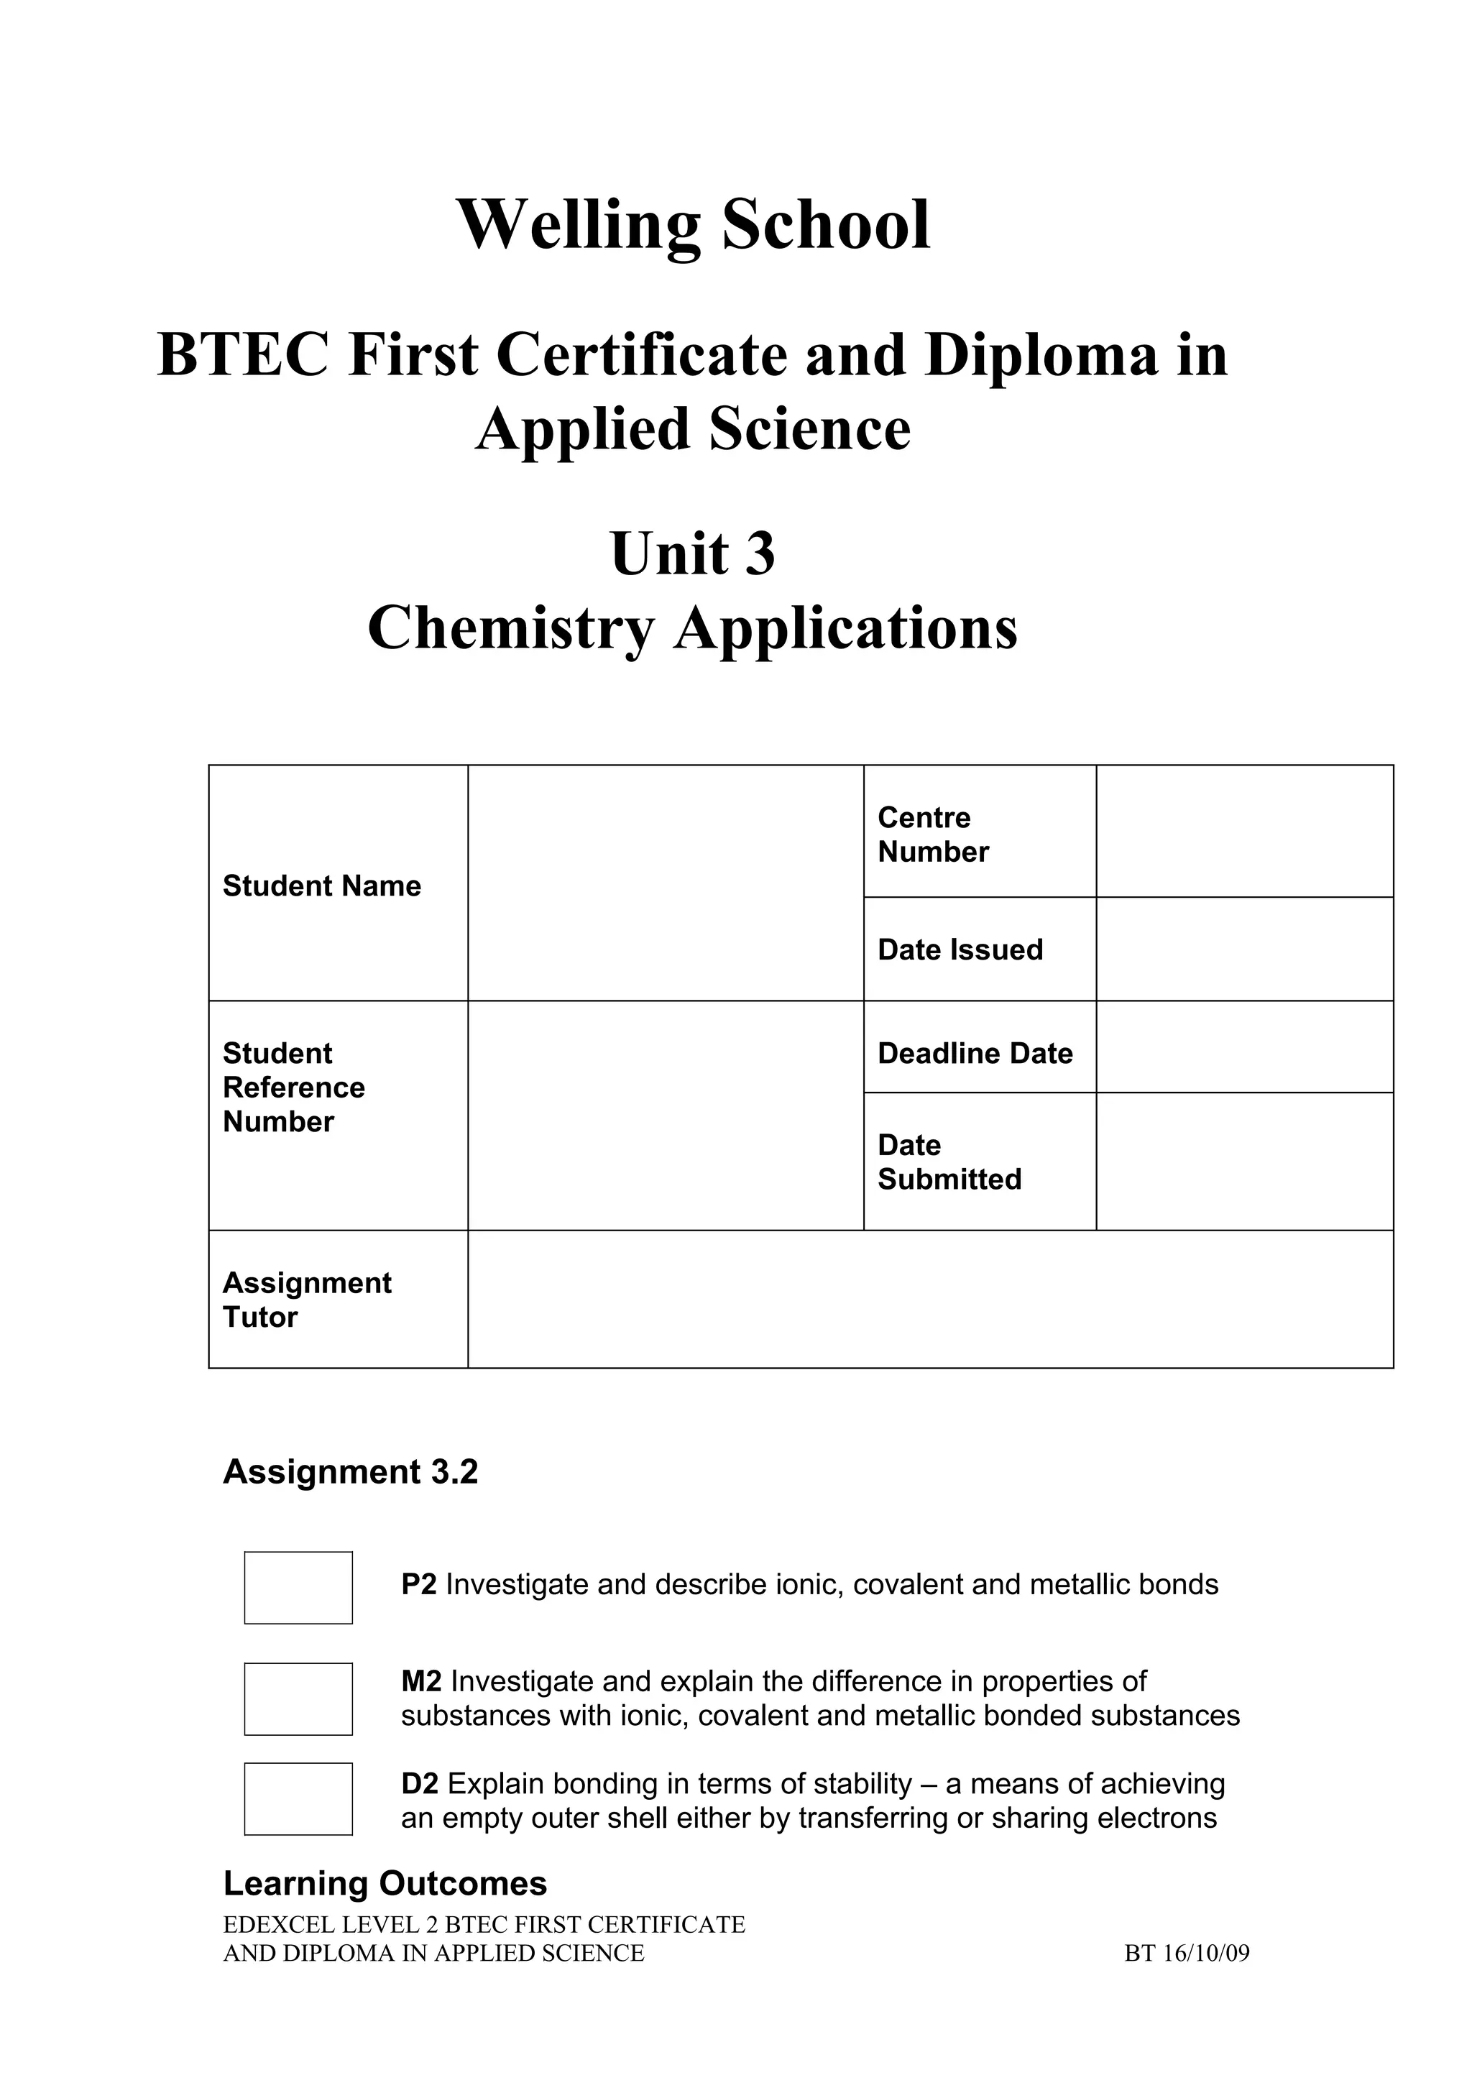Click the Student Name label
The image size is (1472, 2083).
click(x=322, y=886)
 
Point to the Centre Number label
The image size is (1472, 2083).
click(x=932, y=834)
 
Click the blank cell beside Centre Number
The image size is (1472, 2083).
click(x=1244, y=831)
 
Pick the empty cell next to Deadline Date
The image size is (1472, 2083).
click(x=1244, y=1047)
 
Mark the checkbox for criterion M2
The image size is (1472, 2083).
click(x=298, y=1698)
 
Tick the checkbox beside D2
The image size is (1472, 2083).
click(x=298, y=1798)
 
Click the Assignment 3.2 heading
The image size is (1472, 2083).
click(x=350, y=1471)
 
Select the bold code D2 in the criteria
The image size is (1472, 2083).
click(x=420, y=1783)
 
